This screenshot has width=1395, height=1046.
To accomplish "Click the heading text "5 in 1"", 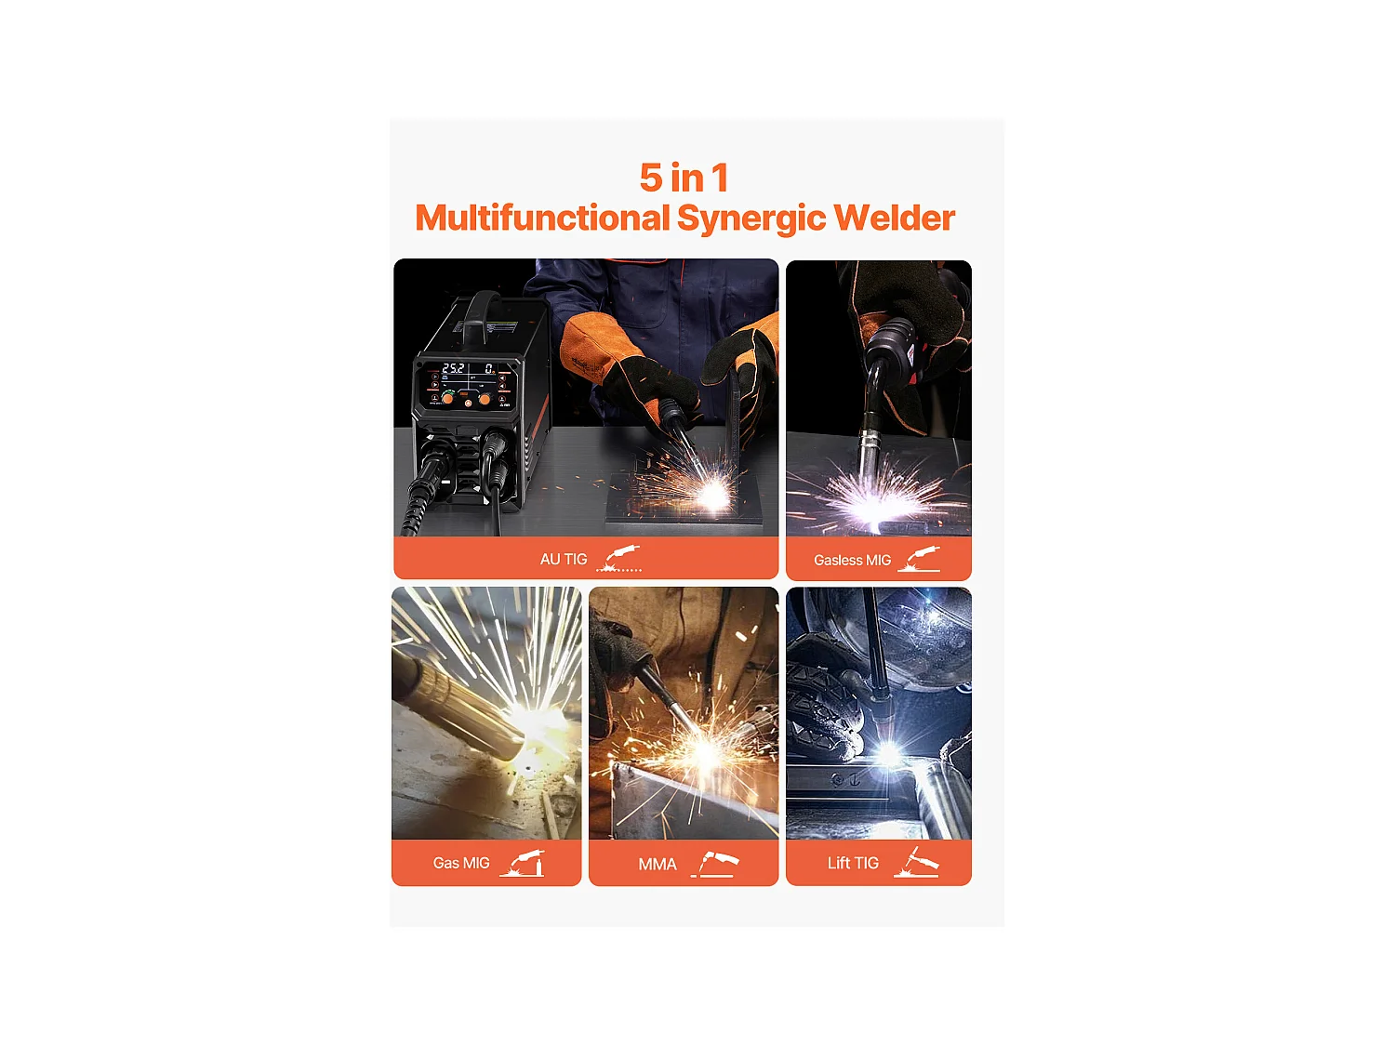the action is (x=684, y=178).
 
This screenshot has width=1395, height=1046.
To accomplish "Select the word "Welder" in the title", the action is (x=895, y=218).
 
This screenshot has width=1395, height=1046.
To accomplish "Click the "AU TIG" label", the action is (x=563, y=560).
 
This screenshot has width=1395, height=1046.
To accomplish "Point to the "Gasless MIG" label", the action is (x=852, y=560).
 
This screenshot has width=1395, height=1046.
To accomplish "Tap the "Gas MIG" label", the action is (x=460, y=863).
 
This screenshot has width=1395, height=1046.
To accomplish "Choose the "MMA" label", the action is (x=658, y=865).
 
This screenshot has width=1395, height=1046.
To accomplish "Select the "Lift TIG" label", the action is (x=853, y=863).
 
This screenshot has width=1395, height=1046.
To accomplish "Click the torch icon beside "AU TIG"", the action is (x=619, y=559).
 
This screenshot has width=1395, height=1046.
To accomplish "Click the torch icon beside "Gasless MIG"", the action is (x=919, y=558).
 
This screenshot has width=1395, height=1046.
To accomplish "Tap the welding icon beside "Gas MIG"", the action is (x=523, y=863).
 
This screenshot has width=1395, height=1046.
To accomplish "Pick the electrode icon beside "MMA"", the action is (x=715, y=864).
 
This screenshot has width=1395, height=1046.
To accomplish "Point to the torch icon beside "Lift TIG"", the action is (x=916, y=862).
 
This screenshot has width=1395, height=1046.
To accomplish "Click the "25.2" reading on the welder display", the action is (x=453, y=368).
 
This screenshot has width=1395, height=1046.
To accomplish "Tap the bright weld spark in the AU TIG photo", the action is (x=711, y=494).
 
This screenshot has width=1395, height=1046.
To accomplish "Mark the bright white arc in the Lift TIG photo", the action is (x=888, y=754).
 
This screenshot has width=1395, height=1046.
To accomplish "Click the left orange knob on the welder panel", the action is (x=448, y=398).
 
